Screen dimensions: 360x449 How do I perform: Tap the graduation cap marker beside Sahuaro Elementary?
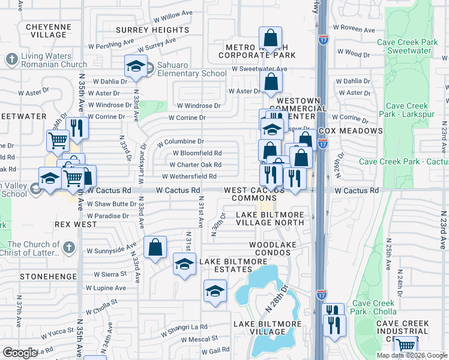point(136,66)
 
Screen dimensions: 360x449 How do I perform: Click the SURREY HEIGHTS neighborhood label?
point(152,30)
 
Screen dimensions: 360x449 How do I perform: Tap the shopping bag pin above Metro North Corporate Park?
point(271,38)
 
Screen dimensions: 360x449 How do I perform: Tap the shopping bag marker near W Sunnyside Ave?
point(155,247)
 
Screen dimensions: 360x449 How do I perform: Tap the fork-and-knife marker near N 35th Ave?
point(77,127)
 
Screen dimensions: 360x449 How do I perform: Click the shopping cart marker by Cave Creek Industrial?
point(406,346)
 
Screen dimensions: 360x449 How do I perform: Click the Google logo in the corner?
point(20,353)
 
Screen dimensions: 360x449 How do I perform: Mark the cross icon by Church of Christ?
point(70,247)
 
